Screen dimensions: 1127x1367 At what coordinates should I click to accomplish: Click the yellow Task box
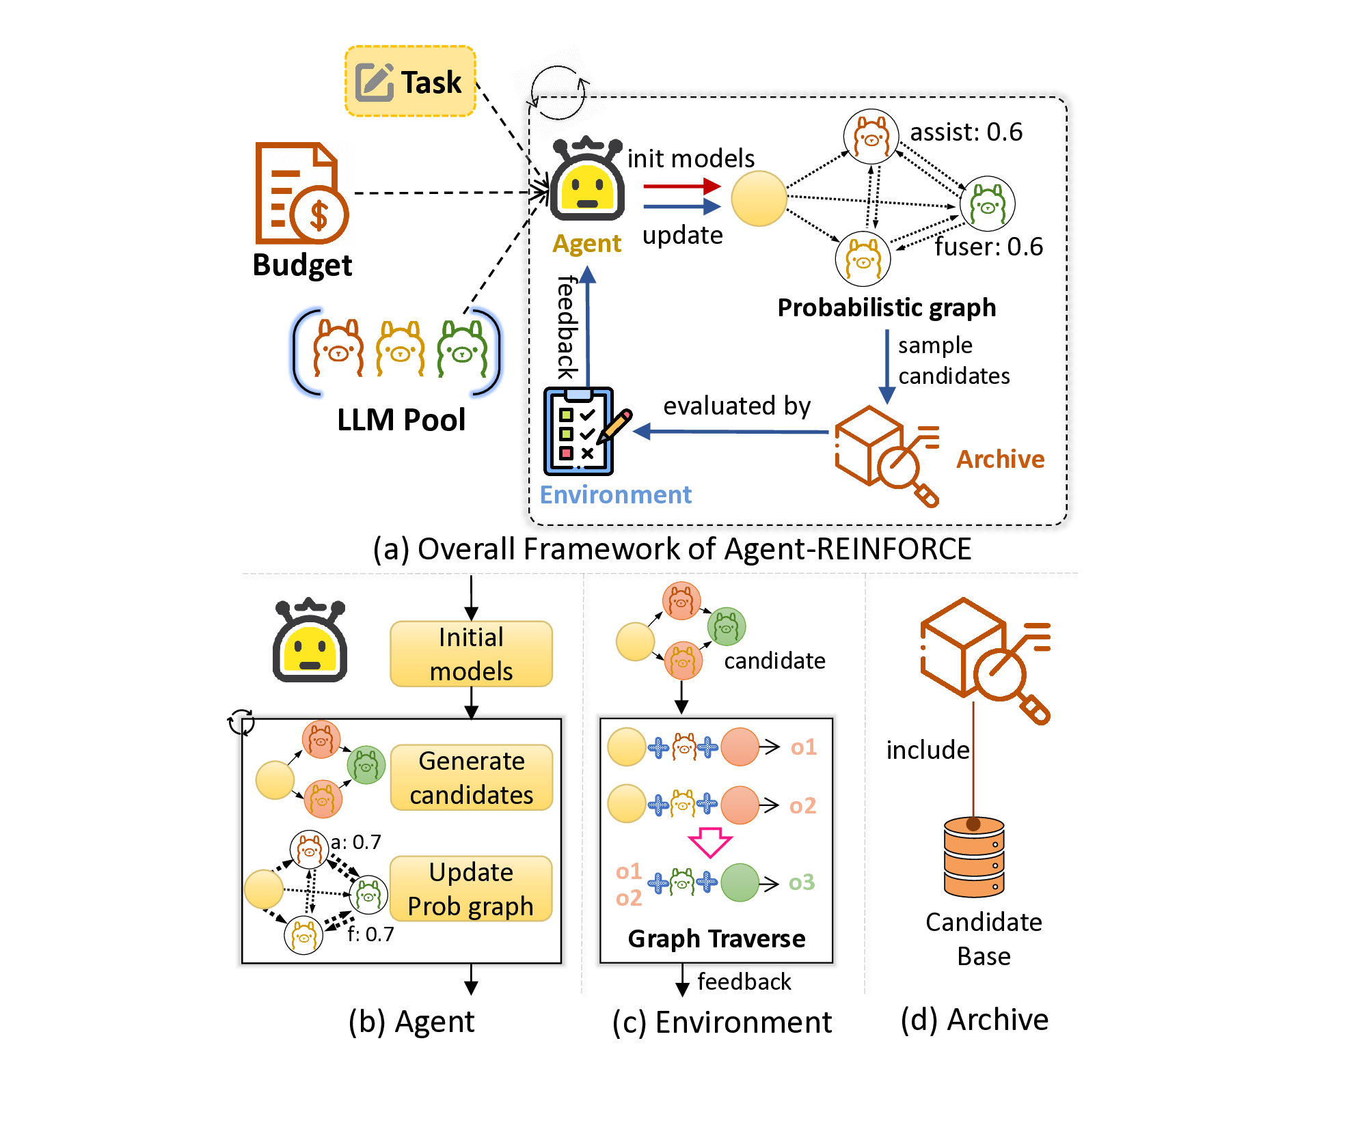410,81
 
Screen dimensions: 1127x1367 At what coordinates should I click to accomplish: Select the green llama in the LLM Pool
463,349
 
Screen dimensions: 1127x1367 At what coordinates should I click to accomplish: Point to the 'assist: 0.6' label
966,132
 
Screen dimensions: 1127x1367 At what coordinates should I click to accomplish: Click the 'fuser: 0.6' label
988,247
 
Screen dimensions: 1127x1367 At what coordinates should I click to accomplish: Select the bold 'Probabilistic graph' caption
886,307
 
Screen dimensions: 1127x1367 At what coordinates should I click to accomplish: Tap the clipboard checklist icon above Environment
579,431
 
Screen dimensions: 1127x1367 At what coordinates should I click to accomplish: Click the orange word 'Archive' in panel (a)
1000,459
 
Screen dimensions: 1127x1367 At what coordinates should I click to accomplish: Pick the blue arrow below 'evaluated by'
731,432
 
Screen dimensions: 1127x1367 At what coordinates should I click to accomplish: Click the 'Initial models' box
471,654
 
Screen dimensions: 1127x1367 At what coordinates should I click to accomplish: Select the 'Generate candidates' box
471,777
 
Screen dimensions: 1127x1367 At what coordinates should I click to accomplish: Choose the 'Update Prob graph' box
471,889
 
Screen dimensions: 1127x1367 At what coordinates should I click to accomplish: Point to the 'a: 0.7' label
356,842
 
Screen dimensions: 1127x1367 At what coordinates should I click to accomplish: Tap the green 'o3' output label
802,882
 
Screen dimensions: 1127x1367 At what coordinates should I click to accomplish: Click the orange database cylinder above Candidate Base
974,858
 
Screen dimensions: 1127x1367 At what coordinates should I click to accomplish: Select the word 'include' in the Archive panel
928,750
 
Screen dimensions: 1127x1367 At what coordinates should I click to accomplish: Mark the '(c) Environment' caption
722,1022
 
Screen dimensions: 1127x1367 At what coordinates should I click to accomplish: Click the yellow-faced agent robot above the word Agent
587,181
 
